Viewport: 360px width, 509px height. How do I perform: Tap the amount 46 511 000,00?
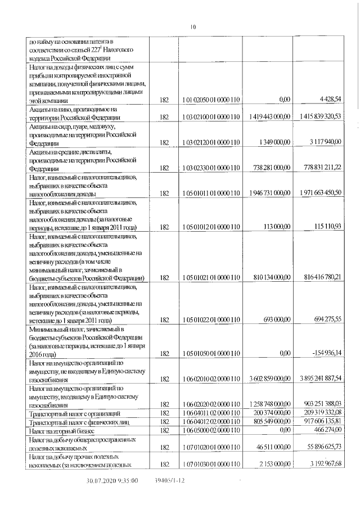(x=272, y=447)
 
